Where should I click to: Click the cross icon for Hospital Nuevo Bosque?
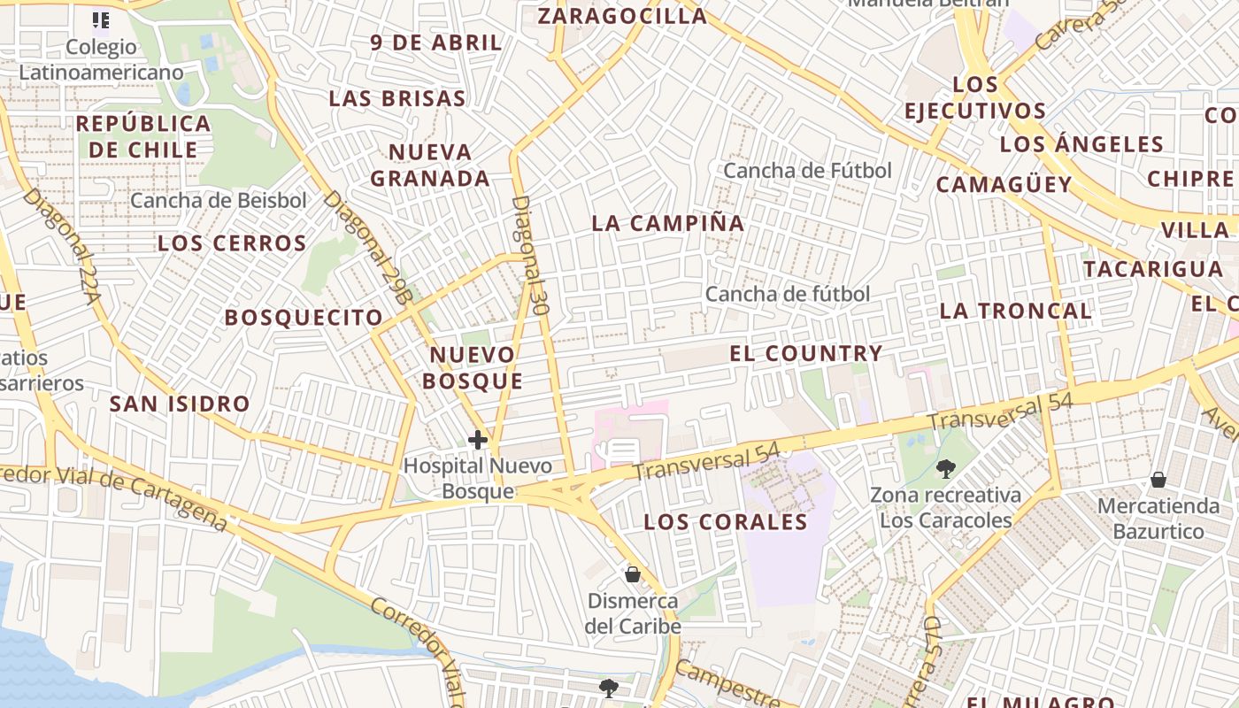coord(478,439)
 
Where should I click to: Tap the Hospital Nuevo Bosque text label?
coord(478,478)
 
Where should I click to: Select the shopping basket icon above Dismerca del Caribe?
coord(633,574)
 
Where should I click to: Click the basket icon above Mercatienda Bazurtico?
coord(1158,480)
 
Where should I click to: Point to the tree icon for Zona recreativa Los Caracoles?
coord(945,468)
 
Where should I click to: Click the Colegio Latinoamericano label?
coord(101,59)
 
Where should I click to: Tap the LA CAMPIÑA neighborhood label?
coord(668,223)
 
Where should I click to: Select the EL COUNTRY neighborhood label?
coord(805,354)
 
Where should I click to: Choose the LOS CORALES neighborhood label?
coord(726,522)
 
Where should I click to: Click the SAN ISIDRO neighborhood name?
coord(180,404)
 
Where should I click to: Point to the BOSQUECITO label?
coord(304,318)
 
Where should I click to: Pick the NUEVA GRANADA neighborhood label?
coord(430,165)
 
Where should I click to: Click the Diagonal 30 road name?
coord(528,257)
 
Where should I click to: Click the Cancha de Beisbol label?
coord(219,201)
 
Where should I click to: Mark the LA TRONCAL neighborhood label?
coord(1015,311)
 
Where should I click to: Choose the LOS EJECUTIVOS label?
coord(975,98)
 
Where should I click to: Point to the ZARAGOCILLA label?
coord(622,16)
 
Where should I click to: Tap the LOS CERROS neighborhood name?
coord(232,243)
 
